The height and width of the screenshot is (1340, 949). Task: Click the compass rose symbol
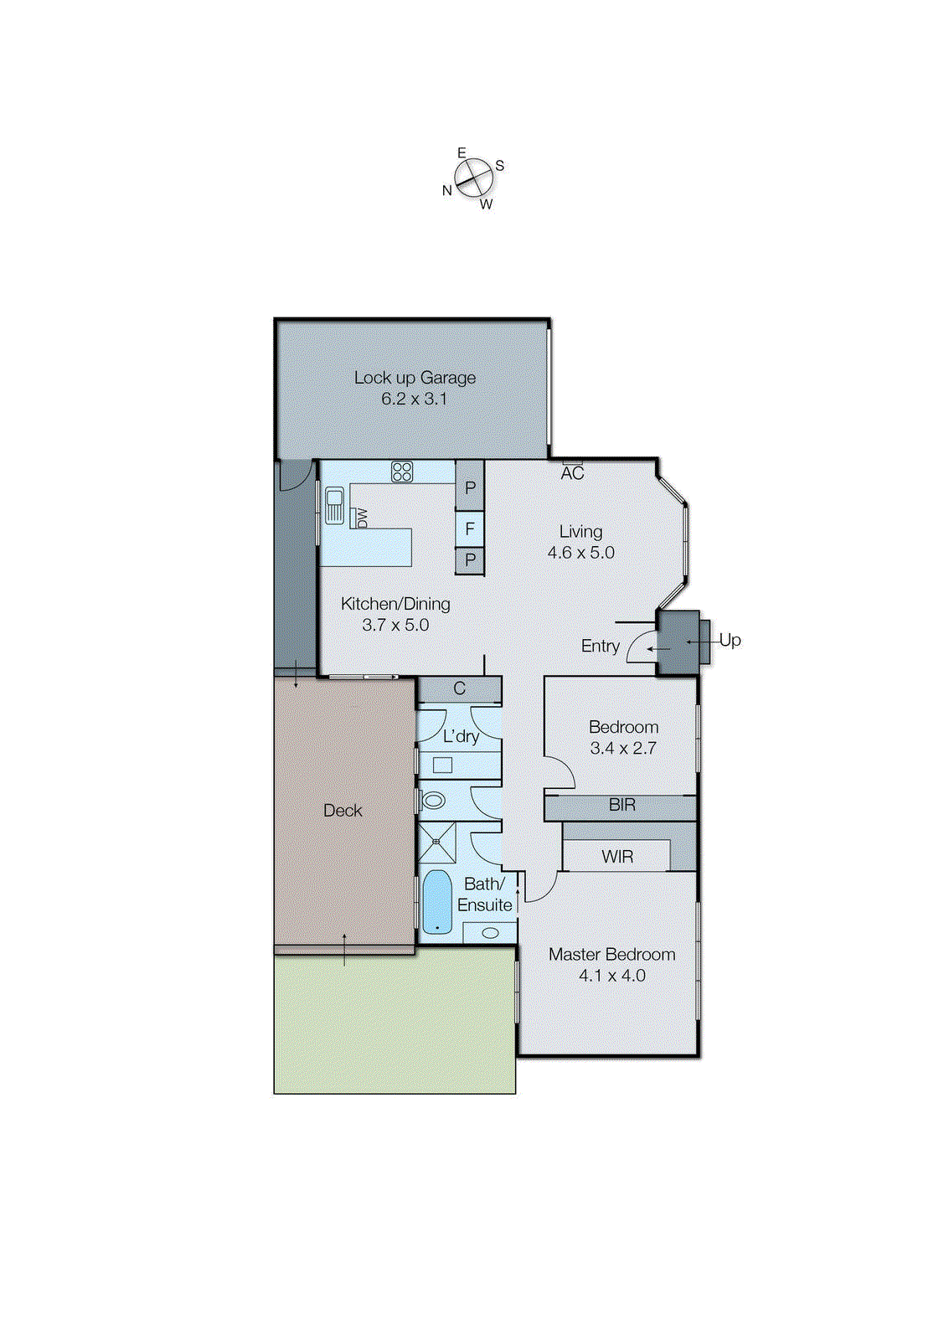click(x=473, y=178)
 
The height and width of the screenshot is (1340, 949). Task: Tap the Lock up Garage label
click(x=415, y=378)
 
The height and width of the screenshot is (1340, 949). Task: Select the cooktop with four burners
click(x=402, y=472)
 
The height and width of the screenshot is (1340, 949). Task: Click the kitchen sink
click(x=334, y=505)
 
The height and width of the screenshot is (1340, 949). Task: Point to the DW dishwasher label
click(x=362, y=518)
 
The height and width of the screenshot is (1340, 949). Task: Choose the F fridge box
click(x=470, y=528)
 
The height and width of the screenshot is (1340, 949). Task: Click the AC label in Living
click(x=572, y=473)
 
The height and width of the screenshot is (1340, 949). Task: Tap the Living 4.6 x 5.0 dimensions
click(x=580, y=553)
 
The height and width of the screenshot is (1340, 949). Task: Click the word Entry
click(x=600, y=646)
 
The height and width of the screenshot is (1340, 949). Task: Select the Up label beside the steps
click(x=730, y=640)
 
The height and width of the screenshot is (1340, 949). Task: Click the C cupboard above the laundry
click(x=459, y=689)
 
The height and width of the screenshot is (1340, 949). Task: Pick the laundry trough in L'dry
click(x=442, y=765)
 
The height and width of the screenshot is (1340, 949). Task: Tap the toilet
click(x=432, y=801)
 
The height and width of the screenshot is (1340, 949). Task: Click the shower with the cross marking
click(x=436, y=842)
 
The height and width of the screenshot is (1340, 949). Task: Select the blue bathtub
click(x=436, y=903)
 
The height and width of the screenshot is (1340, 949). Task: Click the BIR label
click(x=621, y=805)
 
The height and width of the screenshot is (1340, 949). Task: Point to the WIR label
click(x=617, y=857)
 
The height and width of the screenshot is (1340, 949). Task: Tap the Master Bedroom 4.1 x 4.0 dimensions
click(x=611, y=976)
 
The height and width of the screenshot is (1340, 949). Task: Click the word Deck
click(x=343, y=811)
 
